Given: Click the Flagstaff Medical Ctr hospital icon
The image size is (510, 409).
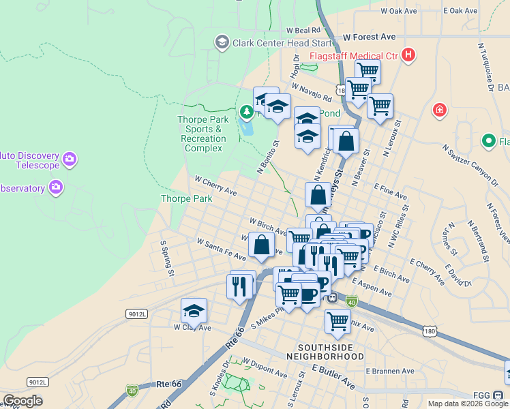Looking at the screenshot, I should tap(408, 55).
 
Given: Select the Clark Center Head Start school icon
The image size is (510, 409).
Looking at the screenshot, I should tap(222, 43).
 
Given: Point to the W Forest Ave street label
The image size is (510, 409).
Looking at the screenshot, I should tap(370, 37).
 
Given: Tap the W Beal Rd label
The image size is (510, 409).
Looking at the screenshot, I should tap(303, 31).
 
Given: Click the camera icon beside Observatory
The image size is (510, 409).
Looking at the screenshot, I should tap(56, 187).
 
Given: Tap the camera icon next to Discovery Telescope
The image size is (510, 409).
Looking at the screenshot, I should tap(69, 160).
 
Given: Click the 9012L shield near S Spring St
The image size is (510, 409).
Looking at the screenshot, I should tap(136, 314).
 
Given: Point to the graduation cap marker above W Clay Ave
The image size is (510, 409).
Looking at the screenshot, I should tap(194, 311).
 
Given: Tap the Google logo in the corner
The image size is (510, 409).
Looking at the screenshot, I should tap(22, 402).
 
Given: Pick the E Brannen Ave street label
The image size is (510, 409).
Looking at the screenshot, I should tap(390, 372).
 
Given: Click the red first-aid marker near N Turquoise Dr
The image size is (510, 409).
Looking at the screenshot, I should tap(440, 110).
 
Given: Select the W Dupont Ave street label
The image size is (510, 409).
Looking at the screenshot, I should tap(265, 368).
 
